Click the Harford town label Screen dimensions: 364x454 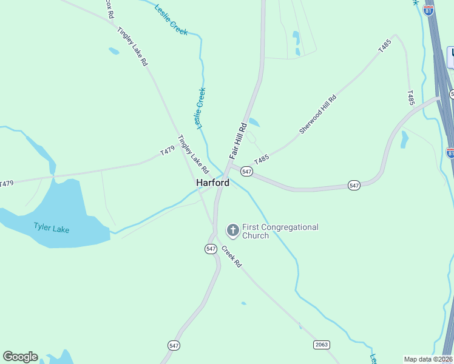212,183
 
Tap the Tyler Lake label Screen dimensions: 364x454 51,228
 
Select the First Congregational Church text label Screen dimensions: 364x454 280,231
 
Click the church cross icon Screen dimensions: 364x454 232,231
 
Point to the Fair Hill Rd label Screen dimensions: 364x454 238,141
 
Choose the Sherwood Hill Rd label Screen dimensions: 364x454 317,115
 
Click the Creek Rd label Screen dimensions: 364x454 231,257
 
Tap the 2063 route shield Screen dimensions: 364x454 322,345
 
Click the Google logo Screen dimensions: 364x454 20,357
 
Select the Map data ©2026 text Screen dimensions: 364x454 428,359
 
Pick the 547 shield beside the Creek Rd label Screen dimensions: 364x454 211,249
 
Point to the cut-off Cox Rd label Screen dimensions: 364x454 109,9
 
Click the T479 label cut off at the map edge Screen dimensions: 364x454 6,183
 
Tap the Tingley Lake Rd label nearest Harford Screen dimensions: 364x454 193,154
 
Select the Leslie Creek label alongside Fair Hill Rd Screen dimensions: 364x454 200,108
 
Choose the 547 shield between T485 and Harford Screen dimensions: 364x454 246,172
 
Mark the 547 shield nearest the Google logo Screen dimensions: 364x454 174,345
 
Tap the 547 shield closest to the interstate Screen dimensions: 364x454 355,185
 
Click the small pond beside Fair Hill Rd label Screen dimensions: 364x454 254,123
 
